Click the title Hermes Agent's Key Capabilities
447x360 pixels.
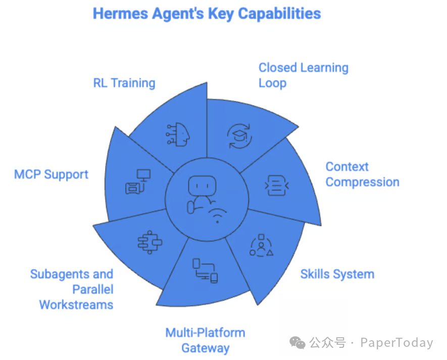[207, 13]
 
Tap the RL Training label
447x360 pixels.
[124, 83]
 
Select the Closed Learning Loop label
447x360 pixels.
[303, 75]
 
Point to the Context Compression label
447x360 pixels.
[362, 174]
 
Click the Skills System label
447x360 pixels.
[337, 275]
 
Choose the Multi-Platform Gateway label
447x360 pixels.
[205, 340]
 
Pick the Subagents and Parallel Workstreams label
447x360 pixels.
[72, 289]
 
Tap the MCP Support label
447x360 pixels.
[51, 174]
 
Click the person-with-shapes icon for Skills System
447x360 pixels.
[261, 245]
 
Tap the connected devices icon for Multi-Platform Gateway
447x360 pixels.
[205, 271]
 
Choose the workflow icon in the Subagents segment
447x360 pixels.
[150, 241]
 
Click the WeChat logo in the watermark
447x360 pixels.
[297, 343]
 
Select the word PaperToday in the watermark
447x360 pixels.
[396, 343]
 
